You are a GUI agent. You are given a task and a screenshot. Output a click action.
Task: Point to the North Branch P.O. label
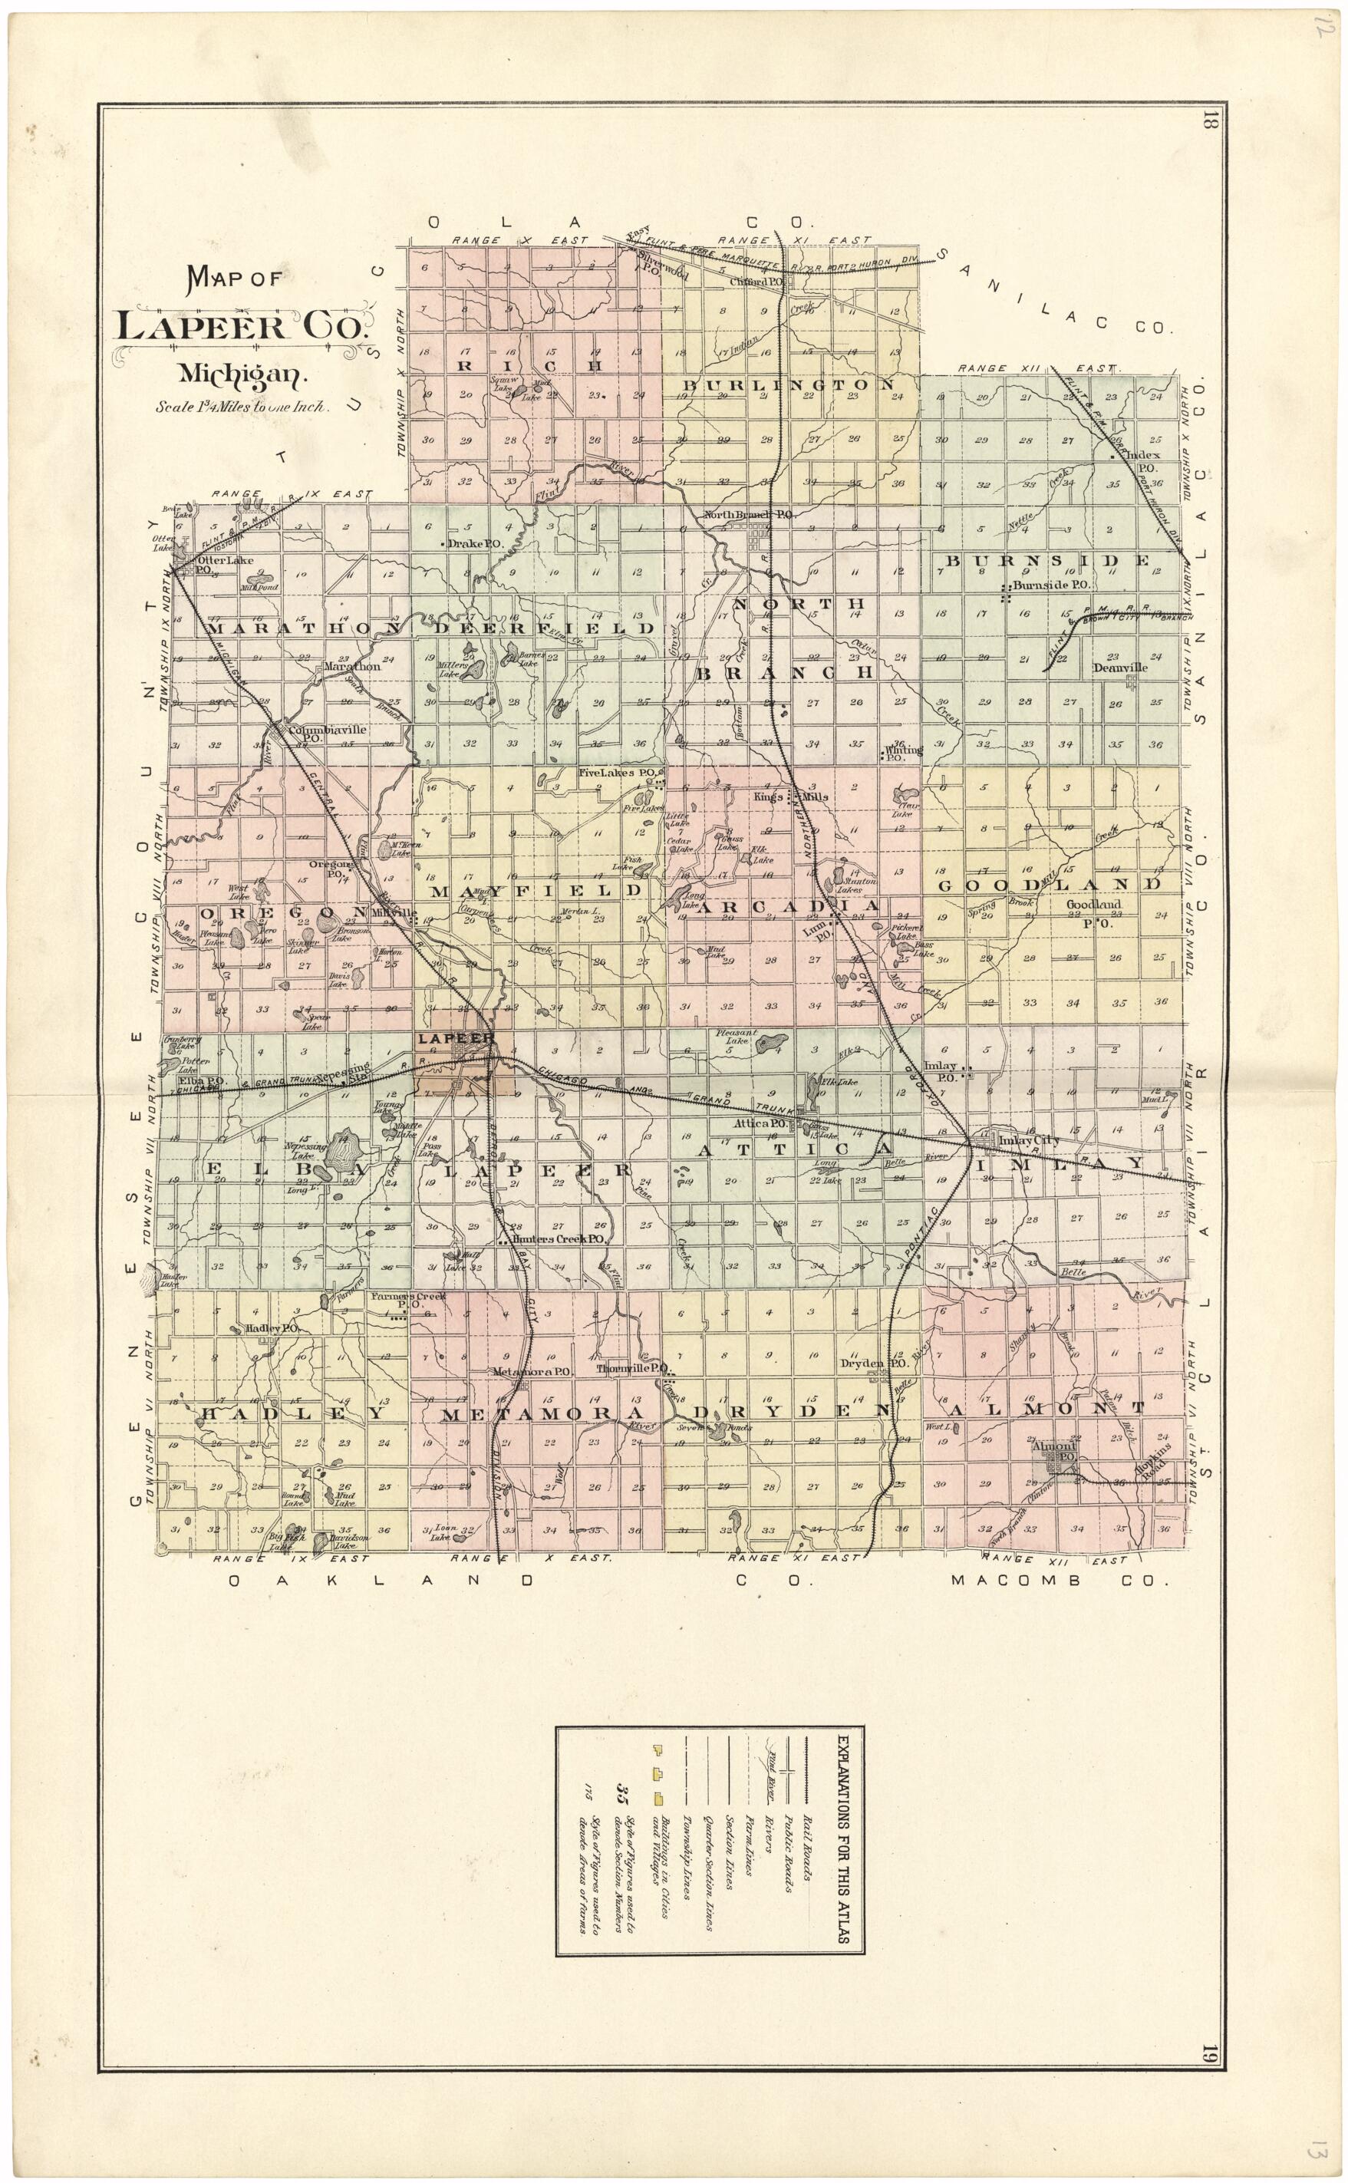(x=747, y=515)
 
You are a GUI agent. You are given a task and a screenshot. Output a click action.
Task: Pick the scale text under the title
(x=242, y=407)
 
